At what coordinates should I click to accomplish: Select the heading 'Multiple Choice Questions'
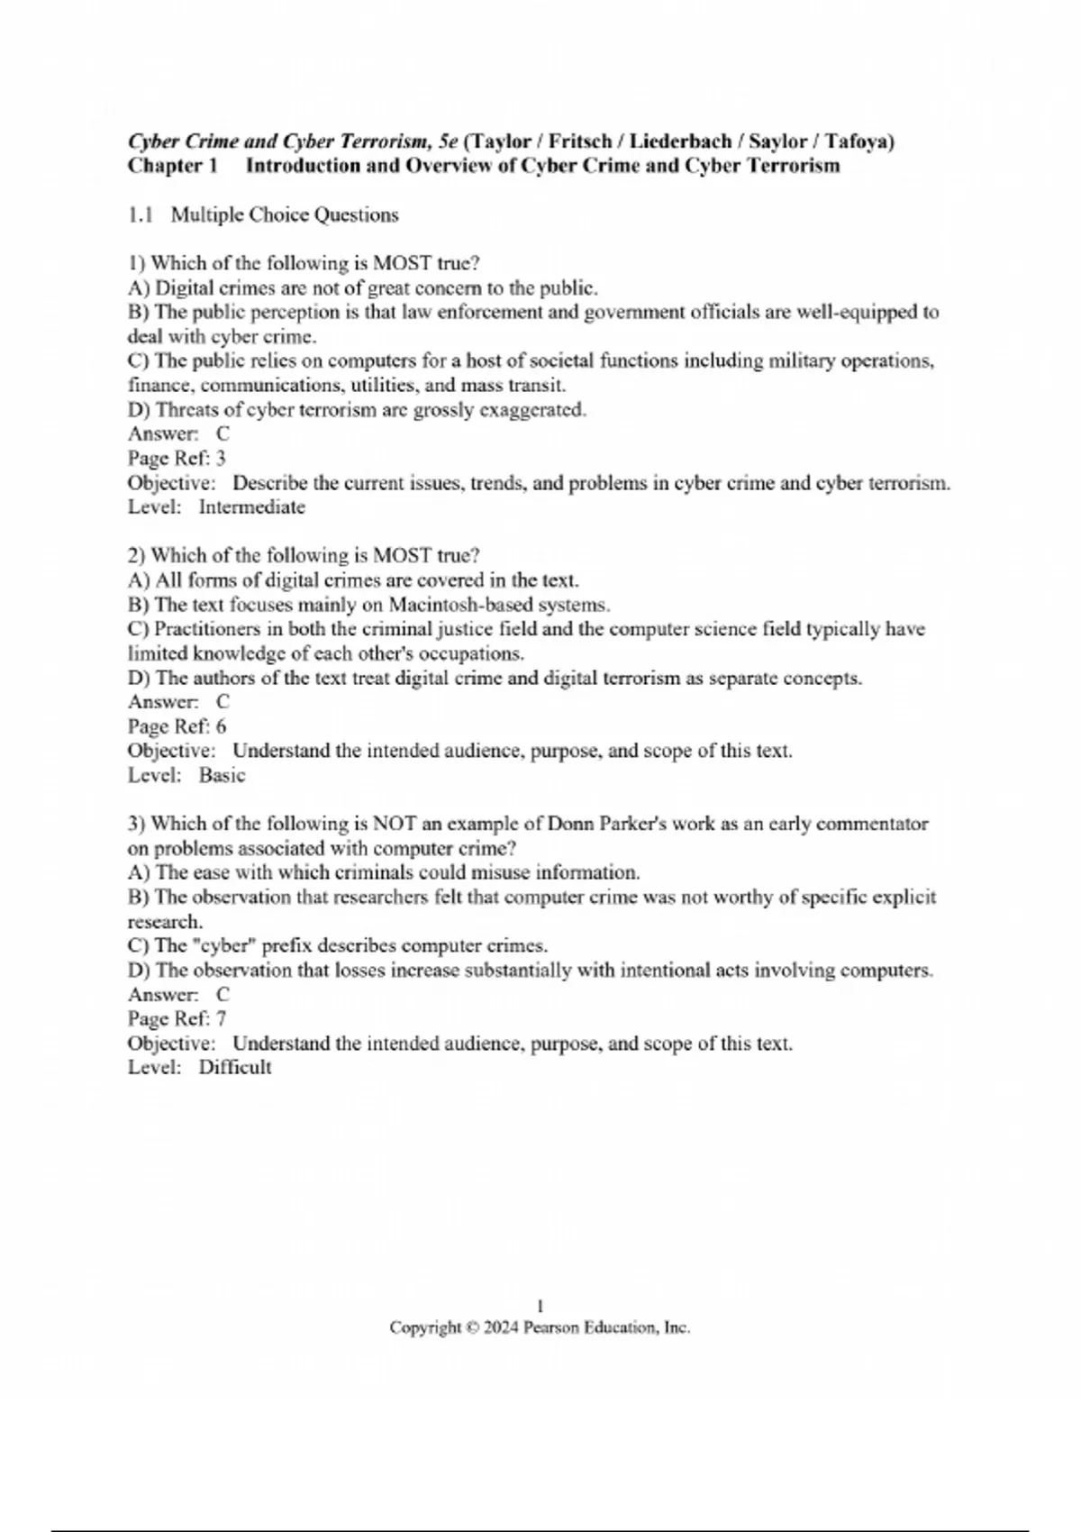(285, 215)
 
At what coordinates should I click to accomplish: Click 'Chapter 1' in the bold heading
(173, 166)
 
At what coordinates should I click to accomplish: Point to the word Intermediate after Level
(251, 507)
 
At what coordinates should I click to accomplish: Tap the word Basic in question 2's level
(222, 776)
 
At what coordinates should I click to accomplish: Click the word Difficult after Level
(234, 1068)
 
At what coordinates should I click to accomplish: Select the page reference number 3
(221, 459)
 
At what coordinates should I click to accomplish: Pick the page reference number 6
(221, 727)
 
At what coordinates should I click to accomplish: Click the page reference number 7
(221, 1019)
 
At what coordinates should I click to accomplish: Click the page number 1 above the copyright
(540, 1306)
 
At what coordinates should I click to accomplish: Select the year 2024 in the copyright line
(501, 1328)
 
